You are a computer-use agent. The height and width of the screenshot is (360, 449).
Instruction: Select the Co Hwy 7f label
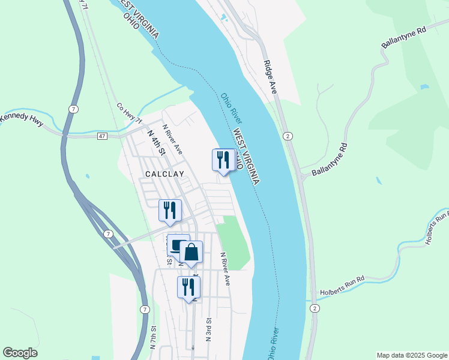(129, 113)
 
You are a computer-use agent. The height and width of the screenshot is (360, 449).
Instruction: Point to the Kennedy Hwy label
(22, 118)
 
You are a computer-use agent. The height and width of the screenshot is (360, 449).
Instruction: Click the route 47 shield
(103, 137)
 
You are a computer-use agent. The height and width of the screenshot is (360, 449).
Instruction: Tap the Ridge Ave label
(270, 76)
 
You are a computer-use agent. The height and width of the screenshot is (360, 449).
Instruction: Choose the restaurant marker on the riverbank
(223, 160)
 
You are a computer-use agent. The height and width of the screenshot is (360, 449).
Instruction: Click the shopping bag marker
(191, 252)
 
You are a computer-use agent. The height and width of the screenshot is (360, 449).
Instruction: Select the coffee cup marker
(178, 245)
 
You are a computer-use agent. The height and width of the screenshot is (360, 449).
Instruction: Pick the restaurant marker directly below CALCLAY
(170, 210)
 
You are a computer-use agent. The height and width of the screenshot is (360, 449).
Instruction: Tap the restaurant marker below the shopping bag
(188, 287)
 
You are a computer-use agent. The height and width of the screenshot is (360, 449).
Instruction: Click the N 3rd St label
(208, 329)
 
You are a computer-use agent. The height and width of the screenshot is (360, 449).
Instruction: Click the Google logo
(20, 353)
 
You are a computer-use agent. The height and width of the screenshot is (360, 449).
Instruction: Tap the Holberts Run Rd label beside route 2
(343, 283)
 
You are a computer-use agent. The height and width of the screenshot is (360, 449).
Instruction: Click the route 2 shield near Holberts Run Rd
(315, 308)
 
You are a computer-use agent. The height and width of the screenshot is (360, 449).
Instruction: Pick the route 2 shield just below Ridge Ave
(288, 136)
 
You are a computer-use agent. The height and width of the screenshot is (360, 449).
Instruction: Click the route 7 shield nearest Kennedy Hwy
(73, 109)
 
